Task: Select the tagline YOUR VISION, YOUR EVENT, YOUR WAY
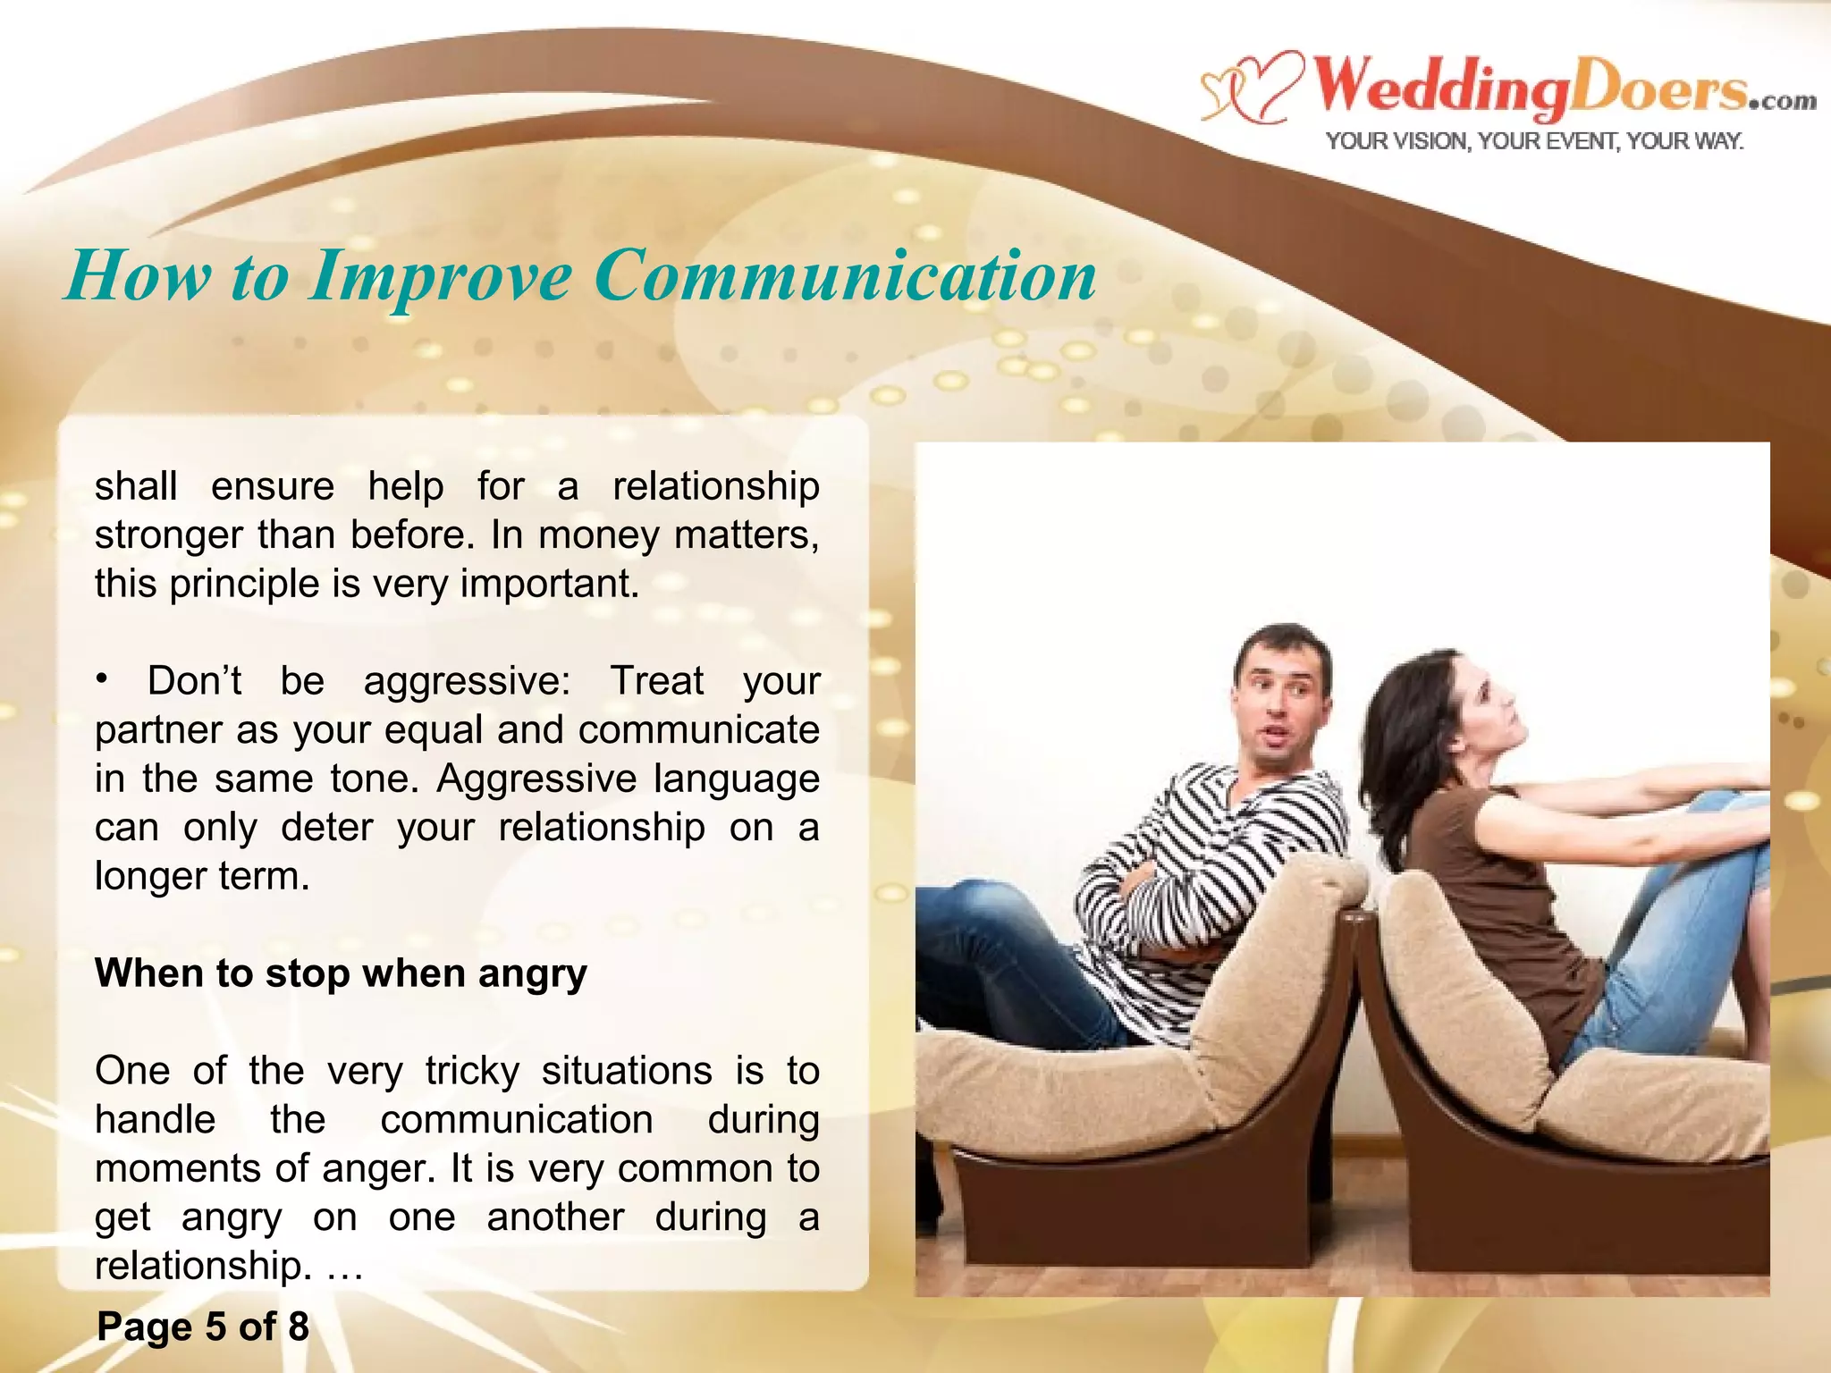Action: pyautogui.click(x=1534, y=141)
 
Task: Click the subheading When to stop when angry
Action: pyautogui.click(x=341, y=973)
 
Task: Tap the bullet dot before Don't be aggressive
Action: pyautogui.click(x=103, y=680)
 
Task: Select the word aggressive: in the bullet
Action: pyautogui.click(x=467, y=681)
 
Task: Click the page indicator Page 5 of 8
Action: pyautogui.click(x=203, y=1327)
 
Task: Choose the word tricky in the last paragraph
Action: pyautogui.click(x=472, y=1071)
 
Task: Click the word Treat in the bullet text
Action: pyautogui.click(x=657, y=681)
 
